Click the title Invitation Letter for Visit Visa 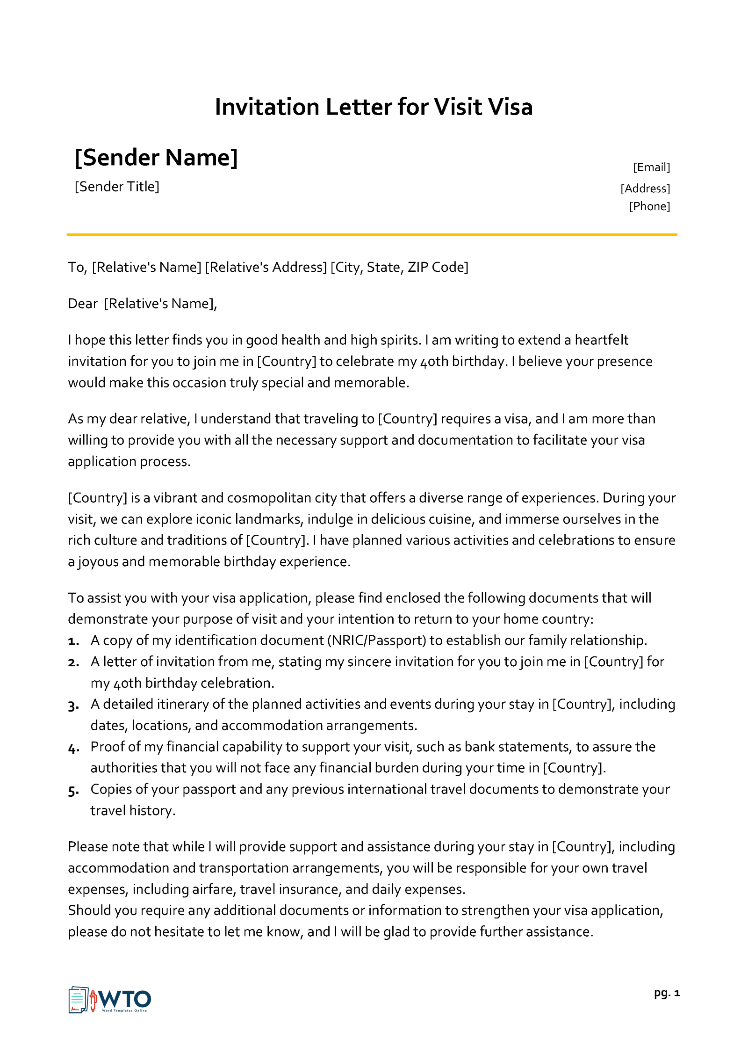[374, 107]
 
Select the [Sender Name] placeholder [156, 158]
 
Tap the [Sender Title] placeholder [117, 187]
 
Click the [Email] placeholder [651, 167]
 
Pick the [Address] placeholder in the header [645, 189]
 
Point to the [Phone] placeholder [649, 206]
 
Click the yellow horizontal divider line [372, 234]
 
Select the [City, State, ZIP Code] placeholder [399, 267]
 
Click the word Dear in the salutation [83, 304]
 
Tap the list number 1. [73, 641]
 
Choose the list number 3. [73, 705]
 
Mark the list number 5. [73, 790]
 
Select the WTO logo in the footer [110, 1000]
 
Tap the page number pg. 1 [667, 993]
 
